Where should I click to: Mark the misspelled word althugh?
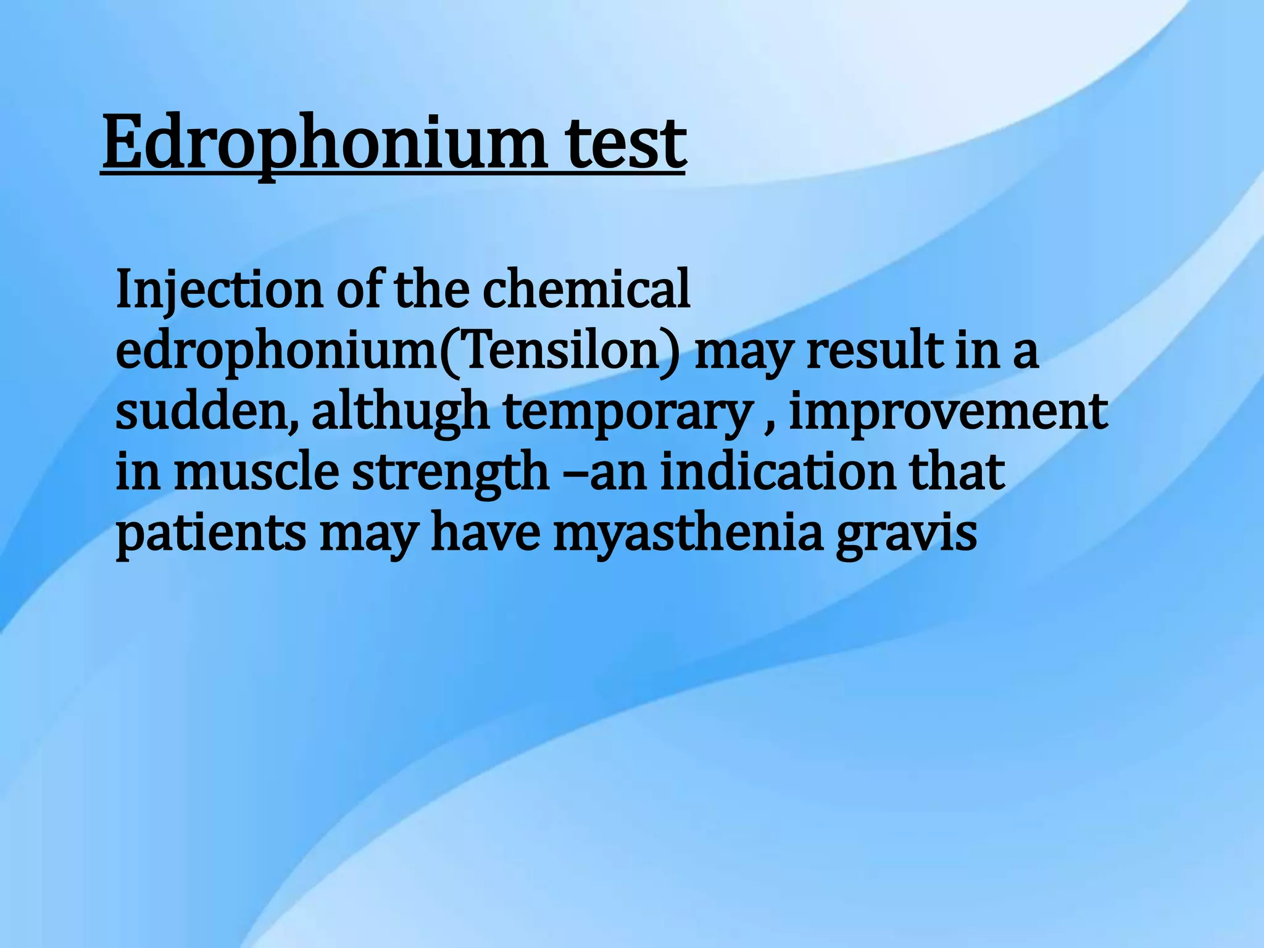401,412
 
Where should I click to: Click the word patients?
210,533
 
